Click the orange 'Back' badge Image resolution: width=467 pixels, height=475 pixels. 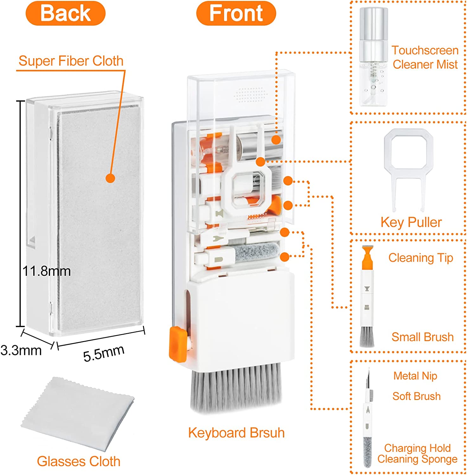pyautogui.click(x=65, y=13)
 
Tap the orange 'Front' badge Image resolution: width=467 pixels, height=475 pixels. pyautogui.click(x=236, y=13)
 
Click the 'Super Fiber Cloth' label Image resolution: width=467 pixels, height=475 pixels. pyautogui.click(x=71, y=61)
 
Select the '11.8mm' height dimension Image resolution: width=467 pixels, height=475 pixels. pyautogui.click(x=47, y=271)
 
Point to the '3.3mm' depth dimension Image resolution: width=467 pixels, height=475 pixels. pyautogui.click(x=21, y=350)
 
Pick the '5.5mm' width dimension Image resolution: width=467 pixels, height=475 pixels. pyautogui.click(x=104, y=353)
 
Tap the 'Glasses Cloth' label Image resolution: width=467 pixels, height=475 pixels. pyautogui.click(x=79, y=461)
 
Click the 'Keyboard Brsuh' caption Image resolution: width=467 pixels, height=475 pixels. pyautogui.click(x=236, y=433)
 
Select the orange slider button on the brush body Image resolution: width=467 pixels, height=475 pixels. pyautogui.click(x=178, y=345)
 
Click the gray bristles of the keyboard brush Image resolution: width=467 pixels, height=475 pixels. pyautogui.click(x=236, y=388)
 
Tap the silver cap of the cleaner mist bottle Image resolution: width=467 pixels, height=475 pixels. pyautogui.click(x=374, y=24)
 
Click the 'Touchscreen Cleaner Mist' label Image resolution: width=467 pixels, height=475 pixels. pyautogui.click(x=425, y=57)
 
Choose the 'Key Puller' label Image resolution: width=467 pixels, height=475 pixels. pyautogui.click(x=411, y=222)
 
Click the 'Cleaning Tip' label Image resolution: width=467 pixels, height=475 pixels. pyautogui.click(x=421, y=258)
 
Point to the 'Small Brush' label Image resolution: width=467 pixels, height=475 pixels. pyautogui.click(x=422, y=337)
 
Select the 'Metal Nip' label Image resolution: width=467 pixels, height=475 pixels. pyautogui.click(x=415, y=376)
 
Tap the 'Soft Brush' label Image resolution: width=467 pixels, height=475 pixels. pyautogui.click(x=416, y=396)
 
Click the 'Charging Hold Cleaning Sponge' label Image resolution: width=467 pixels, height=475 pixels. pyautogui.click(x=417, y=453)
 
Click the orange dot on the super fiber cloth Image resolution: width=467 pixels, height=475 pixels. pyautogui.click(x=110, y=178)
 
